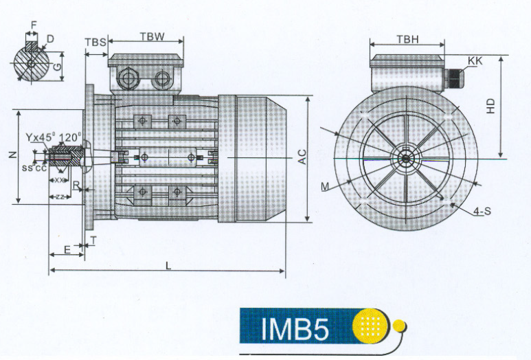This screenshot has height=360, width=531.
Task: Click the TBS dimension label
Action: click(x=95, y=42)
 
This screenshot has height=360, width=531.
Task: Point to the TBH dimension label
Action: click(x=407, y=40)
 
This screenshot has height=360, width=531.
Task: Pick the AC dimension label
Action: click(x=302, y=157)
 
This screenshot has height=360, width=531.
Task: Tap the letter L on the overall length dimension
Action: click(x=168, y=265)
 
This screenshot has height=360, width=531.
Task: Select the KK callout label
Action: click(x=475, y=61)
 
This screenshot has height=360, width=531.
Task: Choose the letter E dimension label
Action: click(x=67, y=249)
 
